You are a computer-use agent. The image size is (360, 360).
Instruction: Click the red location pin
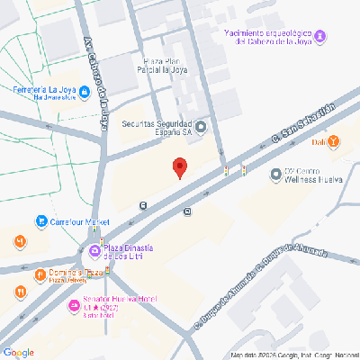pyautogui.click(x=180, y=167)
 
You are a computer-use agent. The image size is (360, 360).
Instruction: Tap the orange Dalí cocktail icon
pyautogui.click(x=334, y=141)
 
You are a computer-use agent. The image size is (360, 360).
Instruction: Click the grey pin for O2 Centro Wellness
pyautogui.click(x=275, y=170)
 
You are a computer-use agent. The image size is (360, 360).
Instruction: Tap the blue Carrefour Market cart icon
pyautogui.click(x=40, y=221)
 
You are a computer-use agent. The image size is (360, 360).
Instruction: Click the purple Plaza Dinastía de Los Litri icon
pyautogui.click(x=94, y=249)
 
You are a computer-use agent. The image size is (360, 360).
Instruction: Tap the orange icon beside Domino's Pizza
pyautogui.click(x=40, y=274)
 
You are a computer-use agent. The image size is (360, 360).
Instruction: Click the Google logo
pyautogui.click(x=19, y=352)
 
